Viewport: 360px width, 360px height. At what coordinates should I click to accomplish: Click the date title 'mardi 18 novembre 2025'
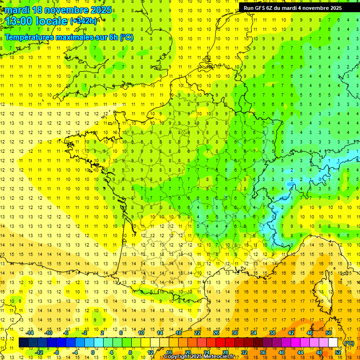click(x=59, y=10)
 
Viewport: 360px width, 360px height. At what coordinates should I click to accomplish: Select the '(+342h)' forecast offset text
click(x=83, y=21)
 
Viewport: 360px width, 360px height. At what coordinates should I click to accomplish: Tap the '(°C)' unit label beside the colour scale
click(x=349, y=343)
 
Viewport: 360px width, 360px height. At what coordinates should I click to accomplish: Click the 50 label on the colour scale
click(x=329, y=332)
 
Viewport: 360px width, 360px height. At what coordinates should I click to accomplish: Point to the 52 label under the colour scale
click(x=337, y=352)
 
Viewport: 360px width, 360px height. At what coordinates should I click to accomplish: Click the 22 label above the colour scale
click(x=197, y=332)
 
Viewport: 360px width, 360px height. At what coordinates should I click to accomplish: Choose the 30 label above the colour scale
click(x=235, y=332)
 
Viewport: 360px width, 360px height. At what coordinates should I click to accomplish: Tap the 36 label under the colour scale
click(x=263, y=352)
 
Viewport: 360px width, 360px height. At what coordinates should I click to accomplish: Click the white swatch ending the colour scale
click(x=333, y=343)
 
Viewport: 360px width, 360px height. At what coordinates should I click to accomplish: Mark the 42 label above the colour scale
click(x=291, y=332)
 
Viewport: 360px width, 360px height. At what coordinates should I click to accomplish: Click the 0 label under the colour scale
click(x=93, y=352)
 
